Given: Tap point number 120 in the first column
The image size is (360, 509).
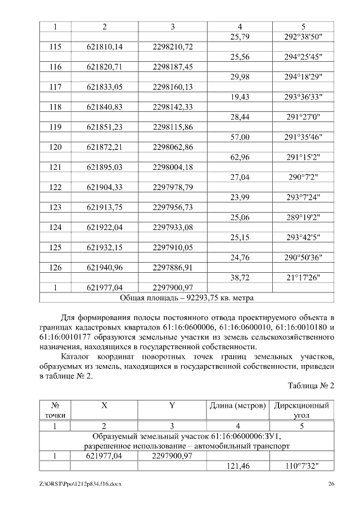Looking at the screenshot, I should pos(55,147).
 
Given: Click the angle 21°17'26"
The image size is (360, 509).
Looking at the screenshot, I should pos(303,278).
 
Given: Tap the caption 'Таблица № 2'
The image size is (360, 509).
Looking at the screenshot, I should pos(311,386).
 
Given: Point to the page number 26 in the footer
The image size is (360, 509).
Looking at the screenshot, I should pos(331,484).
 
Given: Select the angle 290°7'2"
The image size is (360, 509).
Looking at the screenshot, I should pos(303,177).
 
